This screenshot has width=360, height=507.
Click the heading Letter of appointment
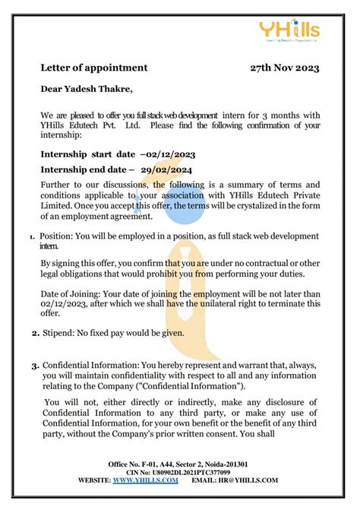pos(94,68)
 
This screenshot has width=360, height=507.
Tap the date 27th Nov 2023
pos(285,68)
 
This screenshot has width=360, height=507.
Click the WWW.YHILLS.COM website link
pos(146,480)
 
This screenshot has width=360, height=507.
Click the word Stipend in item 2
pos(60,333)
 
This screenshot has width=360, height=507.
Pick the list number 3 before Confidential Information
pos(35,366)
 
